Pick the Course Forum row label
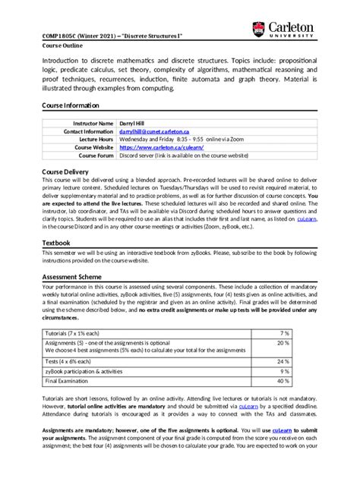point(96,156)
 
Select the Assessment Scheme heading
point(76,278)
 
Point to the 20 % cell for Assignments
point(304,343)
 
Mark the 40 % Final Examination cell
point(304,381)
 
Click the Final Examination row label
point(72,381)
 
